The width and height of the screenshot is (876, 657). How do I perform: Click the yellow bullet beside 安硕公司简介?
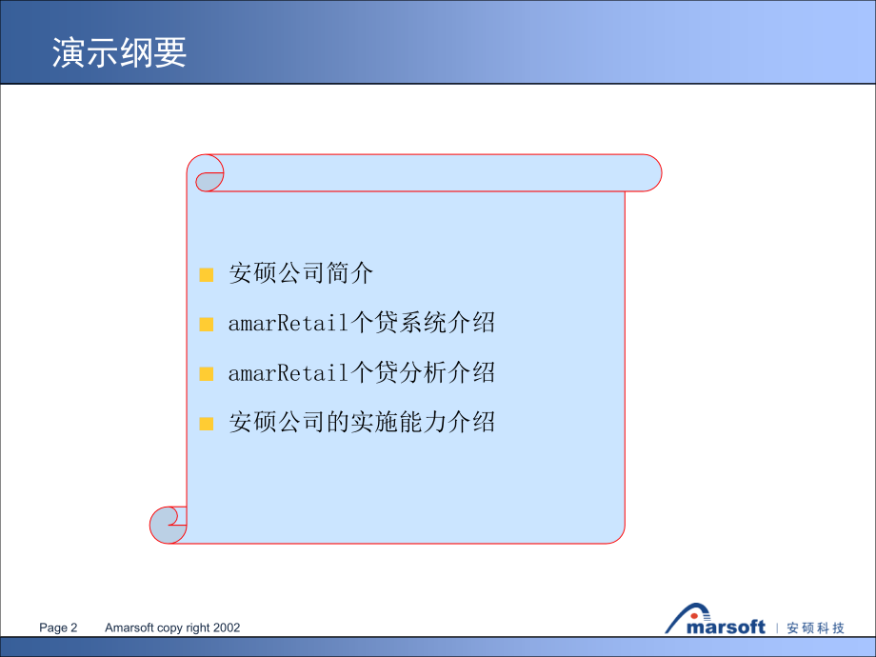click(x=206, y=275)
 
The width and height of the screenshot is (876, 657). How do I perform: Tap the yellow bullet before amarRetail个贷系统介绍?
click(x=206, y=324)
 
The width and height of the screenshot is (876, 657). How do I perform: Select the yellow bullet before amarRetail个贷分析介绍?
click(x=206, y=373)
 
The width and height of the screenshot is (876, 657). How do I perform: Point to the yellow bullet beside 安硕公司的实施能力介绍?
click(x=206, y=423)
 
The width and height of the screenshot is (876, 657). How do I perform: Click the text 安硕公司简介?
click(x=301, y=274)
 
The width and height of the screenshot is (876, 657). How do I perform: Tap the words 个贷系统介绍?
click(x=423, y=324)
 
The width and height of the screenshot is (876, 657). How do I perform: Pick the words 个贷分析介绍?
click(x=423, y=373)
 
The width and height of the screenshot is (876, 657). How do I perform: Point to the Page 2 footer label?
click(x=58, y=627)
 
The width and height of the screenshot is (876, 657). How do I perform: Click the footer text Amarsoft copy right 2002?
click(x=171, y=627)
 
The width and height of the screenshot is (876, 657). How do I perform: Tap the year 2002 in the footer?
click(x=227, y=627)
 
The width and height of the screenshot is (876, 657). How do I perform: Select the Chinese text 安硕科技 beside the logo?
click(x=816, y=627)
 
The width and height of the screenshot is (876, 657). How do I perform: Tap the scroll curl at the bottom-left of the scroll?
click(x=169, y=525)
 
